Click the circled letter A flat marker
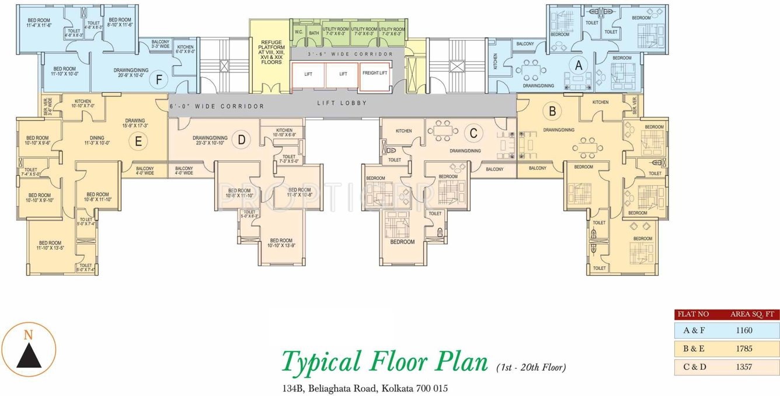tap(579, 66)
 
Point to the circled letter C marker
tap(473, 133)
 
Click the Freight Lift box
tap(375, 74)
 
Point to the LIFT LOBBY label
tap(342, 103)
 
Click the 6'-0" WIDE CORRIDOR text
tap(217, 106)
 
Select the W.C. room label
tap(298, 33)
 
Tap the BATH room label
tap(314, 33)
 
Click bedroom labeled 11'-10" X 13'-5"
tap(50, 245)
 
